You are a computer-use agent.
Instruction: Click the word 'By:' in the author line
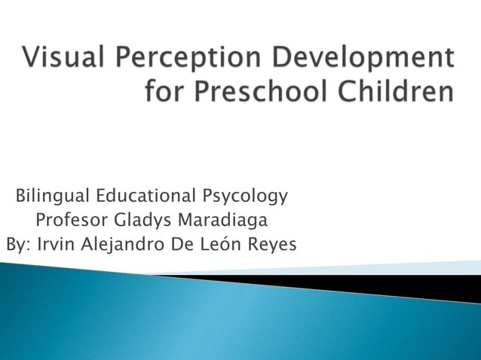coord(17,245)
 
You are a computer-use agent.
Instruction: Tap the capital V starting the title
coord(32,58)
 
